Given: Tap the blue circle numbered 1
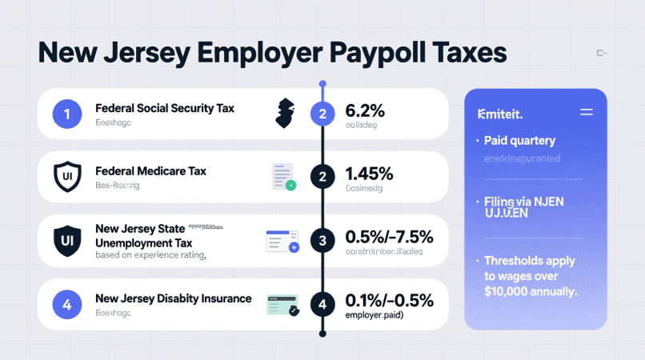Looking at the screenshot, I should point(67,114).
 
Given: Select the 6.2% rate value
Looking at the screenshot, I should point(366,110).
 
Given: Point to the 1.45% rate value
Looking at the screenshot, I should point(369,173).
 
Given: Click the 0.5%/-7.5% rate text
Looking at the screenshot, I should point(388,237).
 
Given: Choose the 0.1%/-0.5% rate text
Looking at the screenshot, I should point(388,300).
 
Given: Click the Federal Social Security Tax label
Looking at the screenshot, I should point(164,108).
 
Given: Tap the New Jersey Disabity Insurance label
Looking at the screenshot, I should point(173,298).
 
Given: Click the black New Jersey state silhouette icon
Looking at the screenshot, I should point(283,113).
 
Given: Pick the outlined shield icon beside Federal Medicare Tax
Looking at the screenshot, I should point(67,176).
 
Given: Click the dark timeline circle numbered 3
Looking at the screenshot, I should point(322,240).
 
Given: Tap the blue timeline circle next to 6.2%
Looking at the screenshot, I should point(322,114).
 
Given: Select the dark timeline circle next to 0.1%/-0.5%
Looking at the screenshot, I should point(322,304).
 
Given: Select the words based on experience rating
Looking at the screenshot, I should point(150,256).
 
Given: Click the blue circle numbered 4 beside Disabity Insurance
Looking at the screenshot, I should point(67,304).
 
